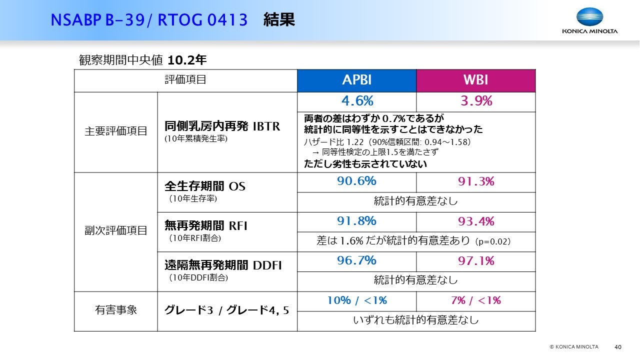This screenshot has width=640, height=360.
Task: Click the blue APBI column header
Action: pos(356,81)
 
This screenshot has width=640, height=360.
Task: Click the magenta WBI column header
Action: pos(475,81)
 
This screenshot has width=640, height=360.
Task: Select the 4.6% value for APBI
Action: pos(357,101)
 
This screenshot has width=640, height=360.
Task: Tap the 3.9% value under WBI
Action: pos(476,101)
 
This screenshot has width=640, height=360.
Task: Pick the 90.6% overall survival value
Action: pos(356,181)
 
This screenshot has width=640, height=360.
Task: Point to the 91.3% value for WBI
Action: pos(476,181)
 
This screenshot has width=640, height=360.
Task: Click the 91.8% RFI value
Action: pos(356,221)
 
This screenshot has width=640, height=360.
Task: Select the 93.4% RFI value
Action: pos(476,221)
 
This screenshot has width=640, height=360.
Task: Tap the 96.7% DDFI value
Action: pos(356,260)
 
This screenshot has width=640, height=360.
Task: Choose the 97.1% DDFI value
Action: pos(476,261)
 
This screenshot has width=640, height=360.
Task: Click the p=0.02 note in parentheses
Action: pos(493,241)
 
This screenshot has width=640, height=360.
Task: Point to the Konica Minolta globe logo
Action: pos(589,16)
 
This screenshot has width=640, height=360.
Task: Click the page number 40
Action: pos(617,347)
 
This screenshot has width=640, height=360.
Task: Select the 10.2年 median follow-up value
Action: pos(187,60)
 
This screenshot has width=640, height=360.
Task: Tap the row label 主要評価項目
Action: pos(115,131)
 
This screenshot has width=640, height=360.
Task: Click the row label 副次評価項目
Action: pos(115,230)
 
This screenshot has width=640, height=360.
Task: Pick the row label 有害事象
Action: pos(115,310)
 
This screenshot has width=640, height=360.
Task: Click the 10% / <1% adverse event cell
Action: pos(357,300)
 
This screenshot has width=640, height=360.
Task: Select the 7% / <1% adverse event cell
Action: pos(476,300)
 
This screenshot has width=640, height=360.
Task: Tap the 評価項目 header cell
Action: pos(185,79)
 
